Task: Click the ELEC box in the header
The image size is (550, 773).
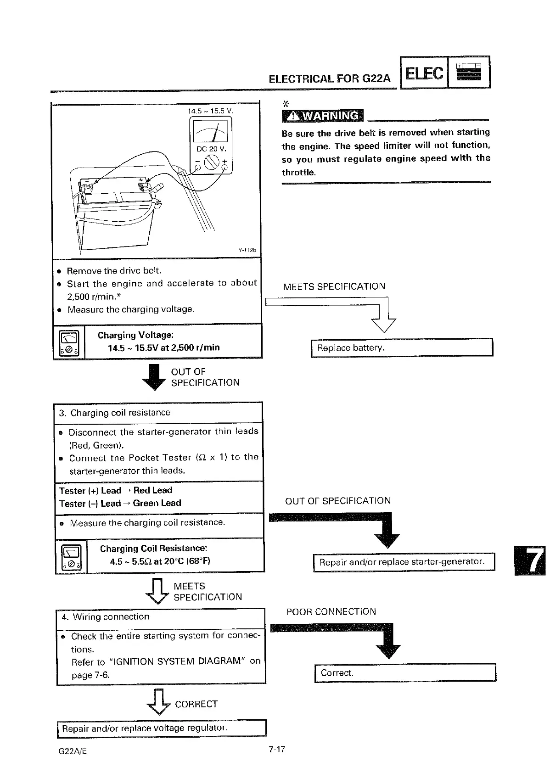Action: click(x=424, y=73)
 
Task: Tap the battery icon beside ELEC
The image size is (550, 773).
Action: click(x=469, y=73)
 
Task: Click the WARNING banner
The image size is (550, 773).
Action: click(x=322, y=116)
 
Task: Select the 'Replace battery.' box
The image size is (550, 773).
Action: click(x=402, y=347)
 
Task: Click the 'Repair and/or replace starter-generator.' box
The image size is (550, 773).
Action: click(x=404, y=562)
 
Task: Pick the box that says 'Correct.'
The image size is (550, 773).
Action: click(x=405, y=673)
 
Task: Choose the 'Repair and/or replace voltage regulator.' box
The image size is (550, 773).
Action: click(x=162, y=728)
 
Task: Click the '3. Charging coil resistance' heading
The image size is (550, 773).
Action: click(x=114, y=413)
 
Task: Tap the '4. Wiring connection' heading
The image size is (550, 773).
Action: click(x=106, y=616)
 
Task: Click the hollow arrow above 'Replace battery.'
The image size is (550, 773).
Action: click(x=383, y=319)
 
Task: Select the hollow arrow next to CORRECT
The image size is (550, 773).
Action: click(x=158, y=702)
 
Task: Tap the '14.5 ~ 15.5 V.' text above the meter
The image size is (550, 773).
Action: click(x=210, y=111)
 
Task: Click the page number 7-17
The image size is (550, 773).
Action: click(x=277, y=749)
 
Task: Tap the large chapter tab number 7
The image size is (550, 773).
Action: click(x=532, y=560)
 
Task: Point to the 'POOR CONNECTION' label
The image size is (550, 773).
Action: click(x=331, y=611)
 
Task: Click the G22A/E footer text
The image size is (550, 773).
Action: click(x=73, y=751)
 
